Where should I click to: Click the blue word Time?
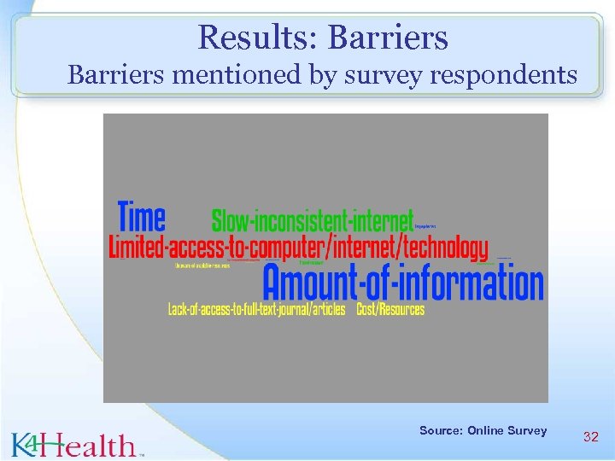142,217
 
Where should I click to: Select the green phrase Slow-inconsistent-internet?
313,220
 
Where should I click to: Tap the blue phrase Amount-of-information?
403,282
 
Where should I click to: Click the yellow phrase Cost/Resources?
390,309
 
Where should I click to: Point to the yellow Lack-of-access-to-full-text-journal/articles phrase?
256,309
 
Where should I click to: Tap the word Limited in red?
137,248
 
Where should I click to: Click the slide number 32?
590,436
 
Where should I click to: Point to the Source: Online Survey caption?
483,430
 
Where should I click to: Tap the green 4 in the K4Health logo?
32,442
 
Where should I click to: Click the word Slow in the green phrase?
231,220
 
